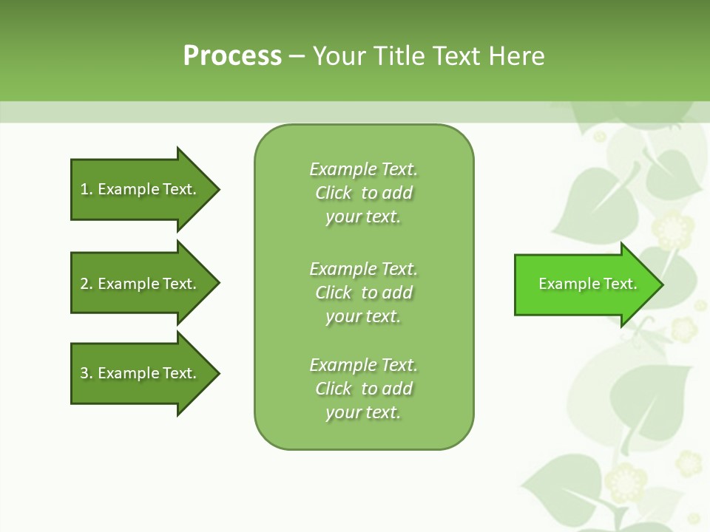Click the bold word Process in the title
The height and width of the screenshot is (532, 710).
pyautogui.click(x=232, y=55)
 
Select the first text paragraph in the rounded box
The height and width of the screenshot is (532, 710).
pyautogui.click(x=363, y=193)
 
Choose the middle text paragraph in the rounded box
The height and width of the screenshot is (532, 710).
pyautogui.click(x=363, y=293)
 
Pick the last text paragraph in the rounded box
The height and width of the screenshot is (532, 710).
pyautogui.click(x=363, y=389)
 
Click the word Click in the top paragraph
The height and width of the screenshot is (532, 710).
pyautogui.click(x=334, y=193)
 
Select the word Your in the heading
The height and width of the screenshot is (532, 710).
pyautogui.click(x=337, y=55)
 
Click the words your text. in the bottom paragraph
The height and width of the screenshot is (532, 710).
pyautogui.click(x=363, y=412)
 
